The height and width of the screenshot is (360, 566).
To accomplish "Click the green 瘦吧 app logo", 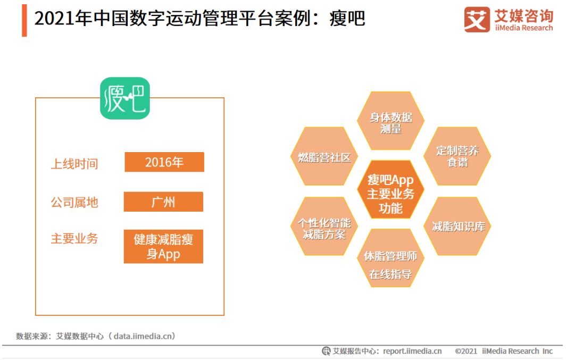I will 125,98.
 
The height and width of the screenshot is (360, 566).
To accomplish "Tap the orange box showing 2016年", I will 164,162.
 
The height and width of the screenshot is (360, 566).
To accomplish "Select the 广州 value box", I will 163,202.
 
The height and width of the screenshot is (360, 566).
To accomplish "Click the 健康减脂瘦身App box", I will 163,247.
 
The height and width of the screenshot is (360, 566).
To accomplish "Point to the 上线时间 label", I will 74,163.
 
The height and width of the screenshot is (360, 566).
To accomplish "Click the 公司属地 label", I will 74,203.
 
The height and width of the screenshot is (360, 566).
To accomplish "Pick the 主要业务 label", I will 74,239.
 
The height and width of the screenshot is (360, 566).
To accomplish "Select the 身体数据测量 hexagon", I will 391,122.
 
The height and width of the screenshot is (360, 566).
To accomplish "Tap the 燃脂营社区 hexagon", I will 324,157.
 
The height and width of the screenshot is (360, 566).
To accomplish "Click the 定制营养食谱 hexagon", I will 457,156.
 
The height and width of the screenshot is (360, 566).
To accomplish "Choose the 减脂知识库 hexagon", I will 458,227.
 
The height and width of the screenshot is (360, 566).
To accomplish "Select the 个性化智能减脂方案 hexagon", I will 324,228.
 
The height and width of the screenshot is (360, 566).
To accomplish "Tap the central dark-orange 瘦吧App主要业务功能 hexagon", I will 391,194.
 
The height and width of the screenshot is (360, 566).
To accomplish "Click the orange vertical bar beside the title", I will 24,20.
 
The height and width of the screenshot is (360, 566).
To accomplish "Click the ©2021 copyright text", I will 465,351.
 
